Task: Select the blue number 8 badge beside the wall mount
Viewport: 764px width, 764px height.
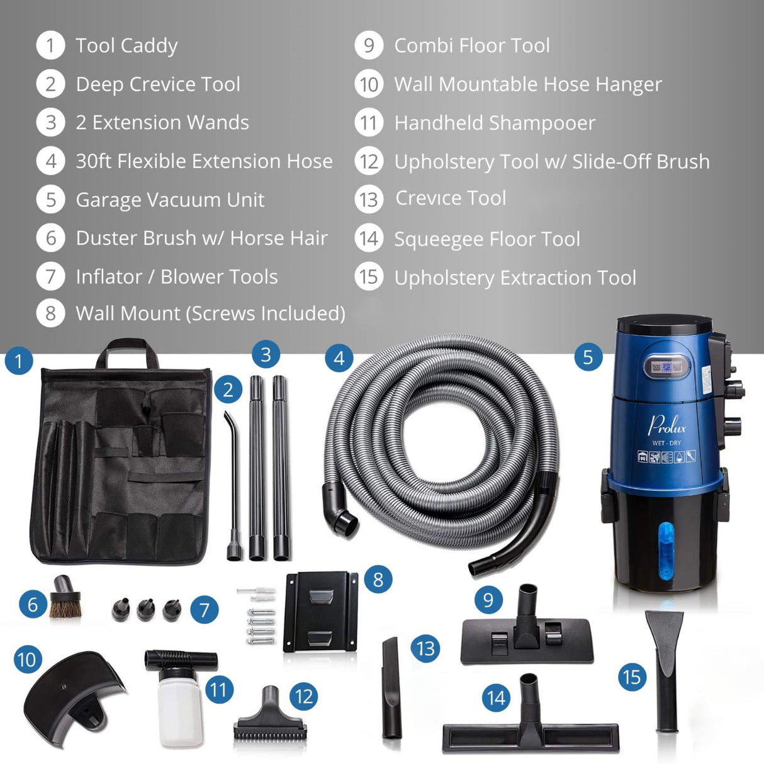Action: pos(378,579)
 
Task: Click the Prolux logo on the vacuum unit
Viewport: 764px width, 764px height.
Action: pos(667,425)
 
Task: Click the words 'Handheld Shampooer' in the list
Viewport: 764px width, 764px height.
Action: pos(495,123)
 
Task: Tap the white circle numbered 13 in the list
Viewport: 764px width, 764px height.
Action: pos(369,199)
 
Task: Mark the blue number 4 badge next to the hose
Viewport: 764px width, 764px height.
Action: pos(339,359)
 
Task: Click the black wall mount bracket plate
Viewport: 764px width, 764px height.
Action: pos(320,611)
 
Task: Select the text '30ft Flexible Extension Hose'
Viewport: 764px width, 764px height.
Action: pos(204,161)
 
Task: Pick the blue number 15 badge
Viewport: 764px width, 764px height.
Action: pos(631,677)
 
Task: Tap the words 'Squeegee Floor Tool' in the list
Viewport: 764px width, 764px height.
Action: pos(487,239)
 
